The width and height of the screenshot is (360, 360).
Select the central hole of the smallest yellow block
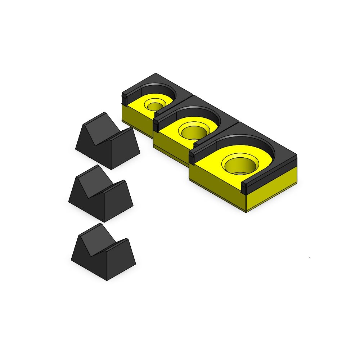155,106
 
